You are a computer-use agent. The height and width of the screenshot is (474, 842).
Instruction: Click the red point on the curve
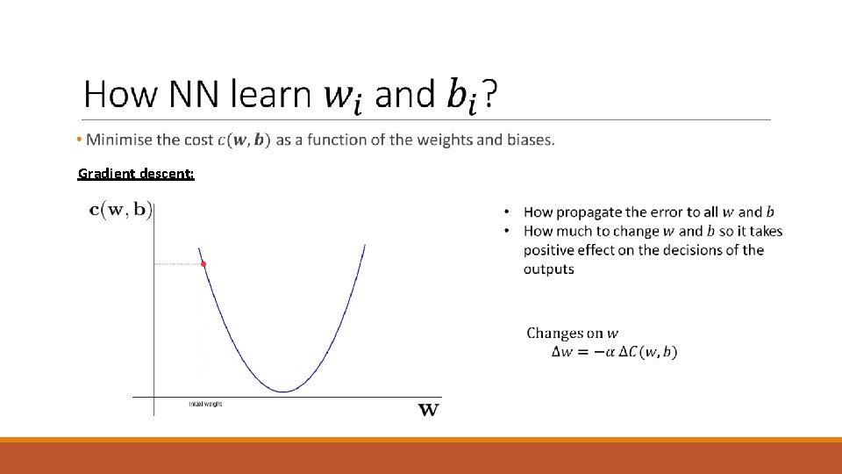tap(203, 263)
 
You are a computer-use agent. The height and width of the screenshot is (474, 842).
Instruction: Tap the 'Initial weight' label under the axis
tap(205, 404)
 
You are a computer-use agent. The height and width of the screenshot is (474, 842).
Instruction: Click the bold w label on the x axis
tap(428, 409)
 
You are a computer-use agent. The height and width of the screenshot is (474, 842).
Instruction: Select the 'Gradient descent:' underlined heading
tap(136, 174)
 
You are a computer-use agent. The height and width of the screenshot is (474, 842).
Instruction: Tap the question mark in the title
tap(494, 94)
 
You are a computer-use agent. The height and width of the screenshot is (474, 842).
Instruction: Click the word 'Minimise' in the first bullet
tap(118, 140)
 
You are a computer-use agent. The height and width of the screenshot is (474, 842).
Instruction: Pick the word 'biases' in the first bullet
tap(529, 140)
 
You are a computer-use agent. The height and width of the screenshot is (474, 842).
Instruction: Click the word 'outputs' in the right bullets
tap(548, 269)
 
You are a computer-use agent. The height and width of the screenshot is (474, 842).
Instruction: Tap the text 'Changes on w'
tap(572, 334)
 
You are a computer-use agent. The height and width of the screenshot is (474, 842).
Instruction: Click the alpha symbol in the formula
tap(610, 352)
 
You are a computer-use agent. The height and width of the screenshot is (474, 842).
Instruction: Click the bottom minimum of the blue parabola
tap(282, 391)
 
